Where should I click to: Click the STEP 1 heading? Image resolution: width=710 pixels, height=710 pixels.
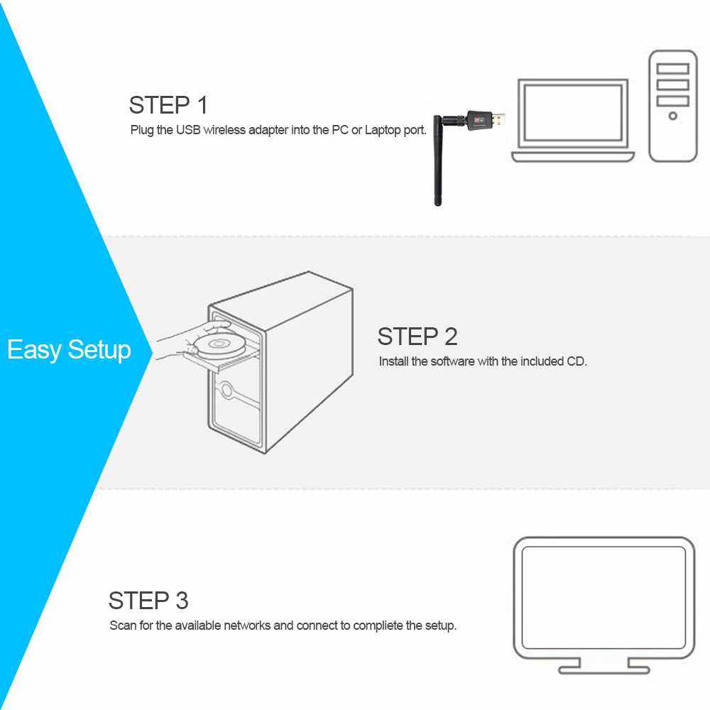(x=168, y=105)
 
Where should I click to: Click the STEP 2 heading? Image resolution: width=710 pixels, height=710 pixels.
(x=417, y=337)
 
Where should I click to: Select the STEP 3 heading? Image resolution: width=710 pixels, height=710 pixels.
(x=148, y=601)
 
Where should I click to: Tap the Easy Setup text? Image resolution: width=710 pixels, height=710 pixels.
(x=70, y=350)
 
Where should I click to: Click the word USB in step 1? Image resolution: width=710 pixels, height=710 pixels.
(x=188, y=130)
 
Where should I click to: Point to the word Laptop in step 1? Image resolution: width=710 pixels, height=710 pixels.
(x=383, y=131)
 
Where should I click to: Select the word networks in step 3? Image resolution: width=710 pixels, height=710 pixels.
(x=247, y=626)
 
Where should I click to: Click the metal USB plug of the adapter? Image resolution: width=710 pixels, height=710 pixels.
(x=498, y=120)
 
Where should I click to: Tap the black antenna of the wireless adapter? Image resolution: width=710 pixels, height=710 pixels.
(x=437, y=160)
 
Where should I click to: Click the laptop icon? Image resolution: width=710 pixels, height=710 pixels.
(x=573, y=121)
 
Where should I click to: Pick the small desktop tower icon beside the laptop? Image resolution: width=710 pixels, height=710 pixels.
(x=673, y=106)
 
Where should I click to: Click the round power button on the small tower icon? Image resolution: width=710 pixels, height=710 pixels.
(x=673, y=116)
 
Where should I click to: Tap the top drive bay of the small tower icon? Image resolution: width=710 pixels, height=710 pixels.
(x=673, y=69)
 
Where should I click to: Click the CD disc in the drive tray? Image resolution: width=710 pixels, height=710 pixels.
(x=219, y=345)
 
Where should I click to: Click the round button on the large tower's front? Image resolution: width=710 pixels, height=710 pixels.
(x=226, y=390)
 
